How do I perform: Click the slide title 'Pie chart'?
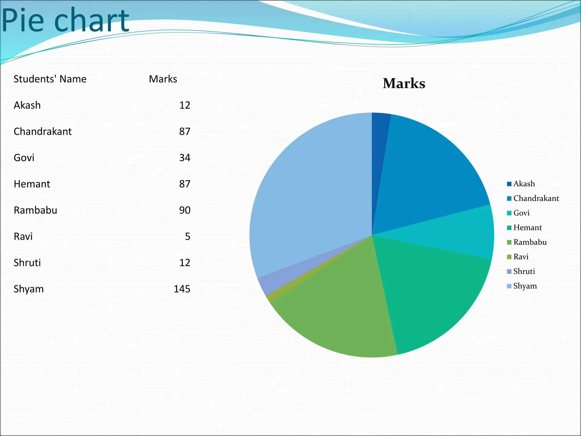pos(65,20)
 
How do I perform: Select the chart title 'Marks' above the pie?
pos(404,83)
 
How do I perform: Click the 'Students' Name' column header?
pos(50,79)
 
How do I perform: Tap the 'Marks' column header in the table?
pos(163,79)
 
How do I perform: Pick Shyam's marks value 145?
pos(182,289)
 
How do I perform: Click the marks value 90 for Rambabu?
pos(185,210)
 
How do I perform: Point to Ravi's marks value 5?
pos(188,236)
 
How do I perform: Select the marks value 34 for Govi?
pos(185,158)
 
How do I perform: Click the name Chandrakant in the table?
pos(43,131)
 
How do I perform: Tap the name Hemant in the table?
pos(32,184)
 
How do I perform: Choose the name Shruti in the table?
pos(27,263)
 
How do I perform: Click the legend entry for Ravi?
pos(521,257)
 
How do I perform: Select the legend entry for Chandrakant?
pos(536,198)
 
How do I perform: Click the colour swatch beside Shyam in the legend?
pos(509,286)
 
